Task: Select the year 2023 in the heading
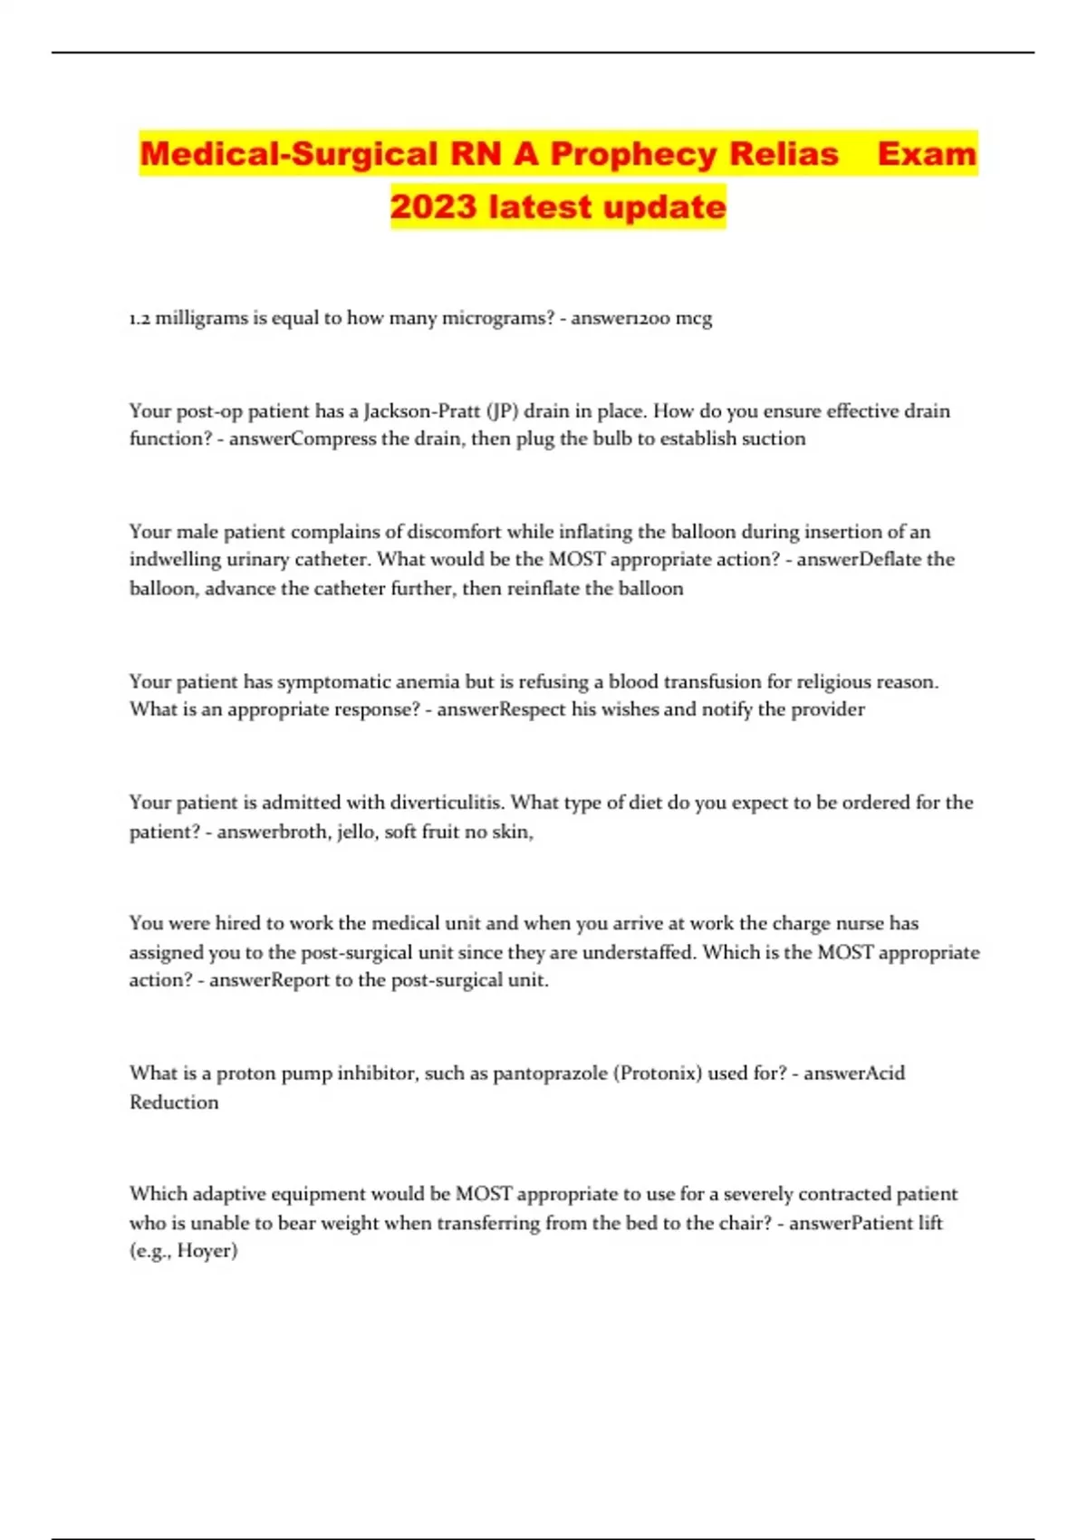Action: click(433, 207)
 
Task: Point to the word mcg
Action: click(694, 319)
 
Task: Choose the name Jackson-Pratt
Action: click(421, 410)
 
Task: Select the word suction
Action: click(773, 438)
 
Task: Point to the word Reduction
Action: click(174, 1102)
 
